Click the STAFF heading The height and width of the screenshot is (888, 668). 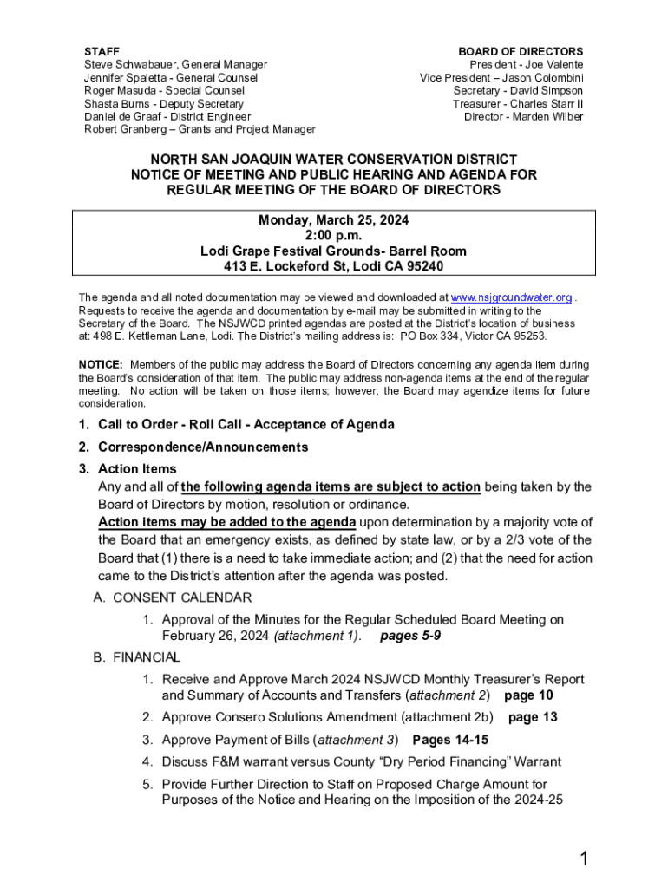pos(102,52)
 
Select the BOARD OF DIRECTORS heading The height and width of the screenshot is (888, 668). pos(521,52)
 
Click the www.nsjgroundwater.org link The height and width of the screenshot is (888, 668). pos(511,297)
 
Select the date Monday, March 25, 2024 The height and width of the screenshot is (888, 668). pos(334,220)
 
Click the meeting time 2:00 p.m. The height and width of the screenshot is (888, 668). pos(334,235)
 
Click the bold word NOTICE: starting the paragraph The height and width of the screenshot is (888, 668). pos(101,365)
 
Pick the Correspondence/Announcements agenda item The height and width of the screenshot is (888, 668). pos(203,447)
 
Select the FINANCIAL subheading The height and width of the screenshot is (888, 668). pos(147,657)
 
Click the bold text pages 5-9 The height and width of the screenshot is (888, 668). pos(411,636)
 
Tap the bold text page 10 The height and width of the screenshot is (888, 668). pos(528,695)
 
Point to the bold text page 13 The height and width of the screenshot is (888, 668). pos(533,717)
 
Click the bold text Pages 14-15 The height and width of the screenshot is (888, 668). pos(450,740)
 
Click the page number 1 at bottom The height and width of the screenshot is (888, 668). pos(585,859)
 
